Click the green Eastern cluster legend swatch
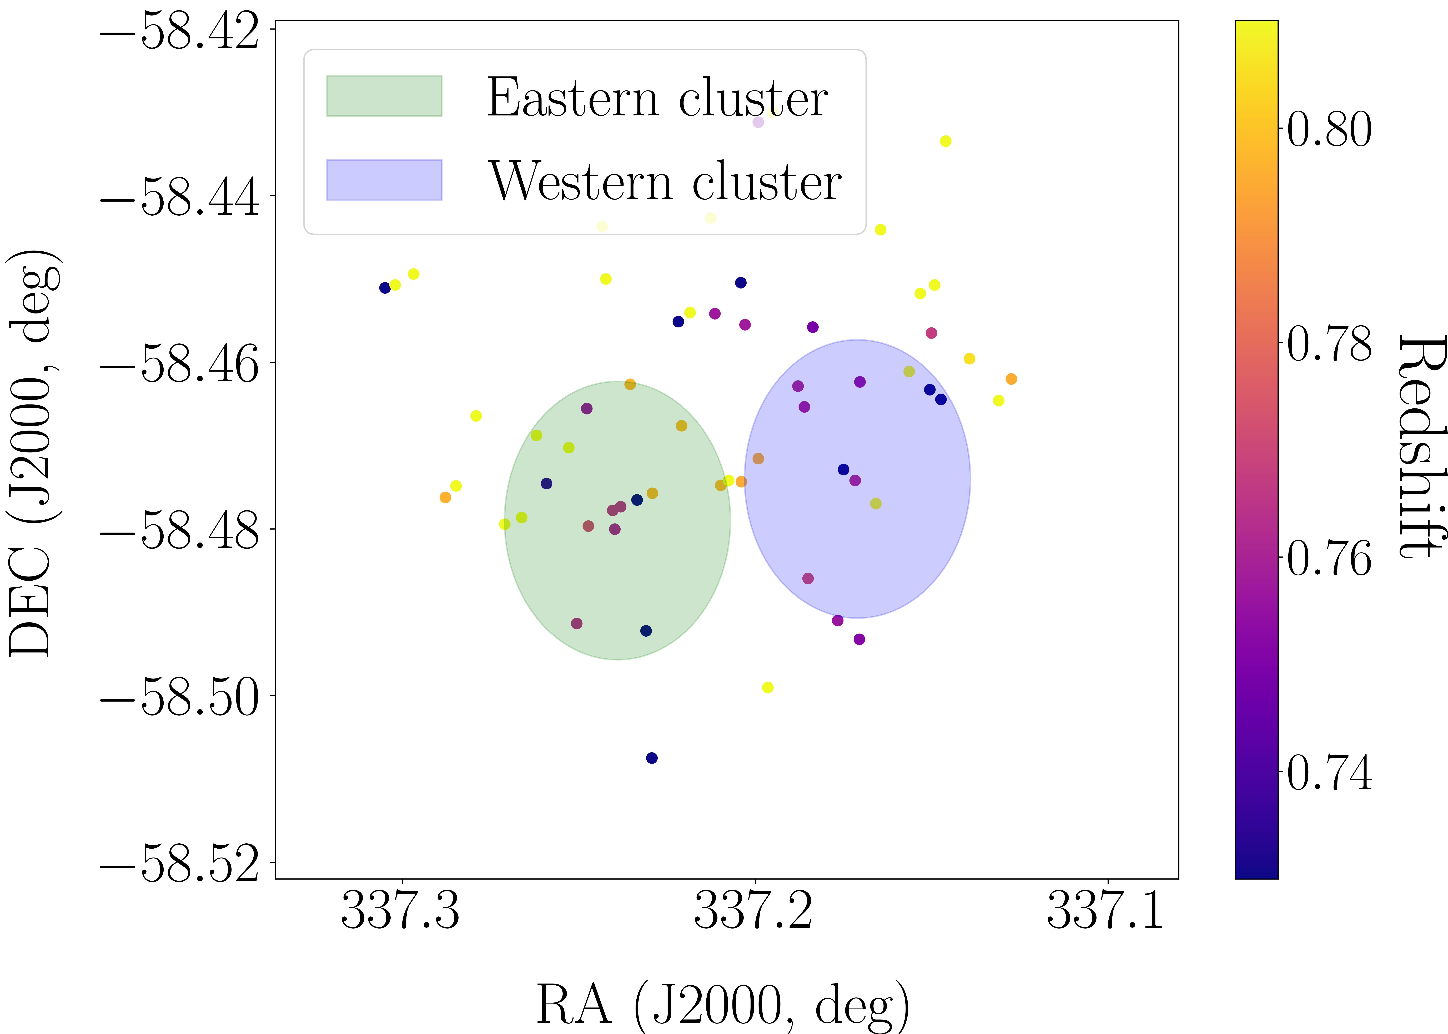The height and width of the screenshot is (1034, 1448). click(x=384, y=96)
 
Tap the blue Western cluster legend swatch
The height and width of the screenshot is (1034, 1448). click(x=384, y=180)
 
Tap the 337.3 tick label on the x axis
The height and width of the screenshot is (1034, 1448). click(x=400, y=910)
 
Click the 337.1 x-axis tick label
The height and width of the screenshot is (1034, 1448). click(x=1106, y=910)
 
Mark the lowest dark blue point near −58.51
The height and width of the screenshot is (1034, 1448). click(x=651, y=758)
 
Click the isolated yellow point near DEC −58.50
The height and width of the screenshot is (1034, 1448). click(x=768, y=687)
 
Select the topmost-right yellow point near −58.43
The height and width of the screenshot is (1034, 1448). click(x=946, y=141)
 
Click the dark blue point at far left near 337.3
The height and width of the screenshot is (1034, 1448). click(x=385, y=288)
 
